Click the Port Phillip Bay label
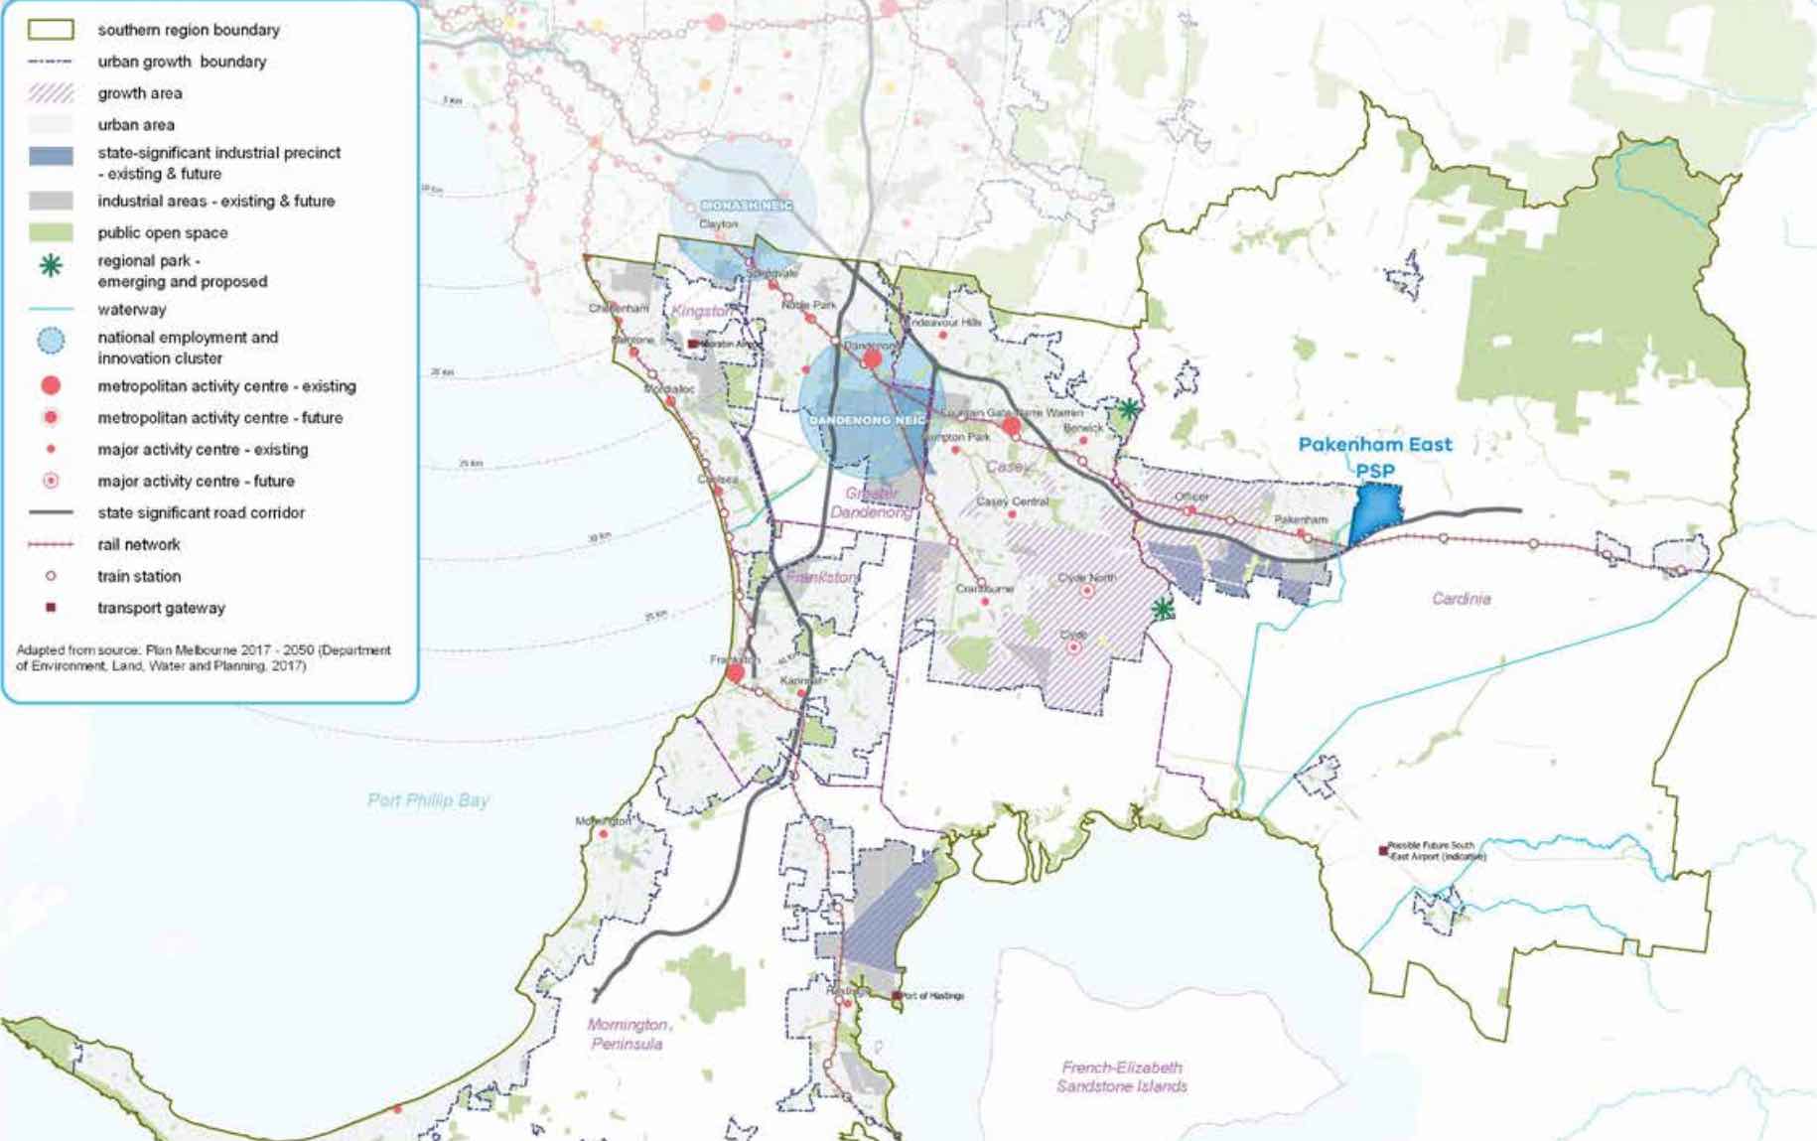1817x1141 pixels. point(428,800)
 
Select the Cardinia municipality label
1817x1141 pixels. point(1461,599)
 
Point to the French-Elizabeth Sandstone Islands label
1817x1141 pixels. point(1122,1076)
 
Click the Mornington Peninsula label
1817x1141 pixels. point(628,1034)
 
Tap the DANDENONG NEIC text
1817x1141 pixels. point(867,420)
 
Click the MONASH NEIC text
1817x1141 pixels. point(747,206)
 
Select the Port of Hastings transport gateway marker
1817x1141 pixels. point(897,995)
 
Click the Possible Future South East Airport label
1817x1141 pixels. point(1436,851)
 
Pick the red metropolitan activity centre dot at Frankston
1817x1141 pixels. point(735,673)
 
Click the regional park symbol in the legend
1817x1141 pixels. point(51,265)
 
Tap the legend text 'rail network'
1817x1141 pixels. point(139,544)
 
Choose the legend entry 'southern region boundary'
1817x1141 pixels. point(189,30)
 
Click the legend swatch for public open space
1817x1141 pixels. point(51,232)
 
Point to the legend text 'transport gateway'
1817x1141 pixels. point(161,608)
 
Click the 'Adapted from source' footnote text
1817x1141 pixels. point(204,657)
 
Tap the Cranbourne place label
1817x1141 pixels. point(984,589)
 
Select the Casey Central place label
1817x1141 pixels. point(1012,501)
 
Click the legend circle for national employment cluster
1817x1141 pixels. point(51,342)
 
